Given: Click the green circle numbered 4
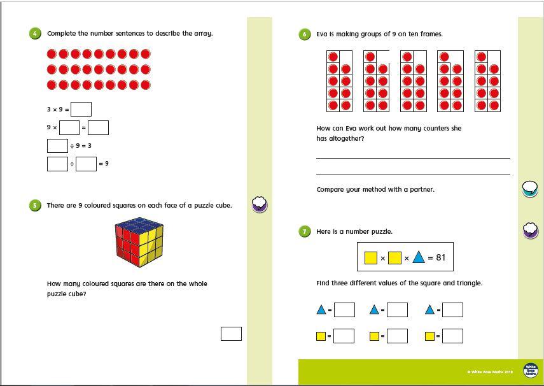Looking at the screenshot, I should (35, 34).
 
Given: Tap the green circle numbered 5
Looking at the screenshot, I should (35, 205).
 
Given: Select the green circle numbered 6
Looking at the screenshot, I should (305, 34).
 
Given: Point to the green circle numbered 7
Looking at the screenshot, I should (305, 231).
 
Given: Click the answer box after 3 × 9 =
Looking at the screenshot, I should (81, 110).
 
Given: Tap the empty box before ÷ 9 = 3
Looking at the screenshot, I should (57, 146).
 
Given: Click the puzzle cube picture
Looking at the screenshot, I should (141, 243).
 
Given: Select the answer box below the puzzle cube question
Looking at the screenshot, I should (231, 333).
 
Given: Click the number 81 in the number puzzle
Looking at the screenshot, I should (441, 258).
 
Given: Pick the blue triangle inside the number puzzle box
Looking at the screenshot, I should (418, 257).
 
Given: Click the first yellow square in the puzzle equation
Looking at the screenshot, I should (370, 258).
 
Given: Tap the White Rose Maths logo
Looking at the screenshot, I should (530, 371).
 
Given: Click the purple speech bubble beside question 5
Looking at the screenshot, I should (260, 204).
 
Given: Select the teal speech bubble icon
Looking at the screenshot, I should (530, 189).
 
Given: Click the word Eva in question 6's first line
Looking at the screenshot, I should (323, 34).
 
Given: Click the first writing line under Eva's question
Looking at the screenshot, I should (413, 157).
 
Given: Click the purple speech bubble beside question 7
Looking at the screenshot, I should (531, 230).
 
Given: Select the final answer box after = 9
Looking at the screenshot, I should (86, 164).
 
